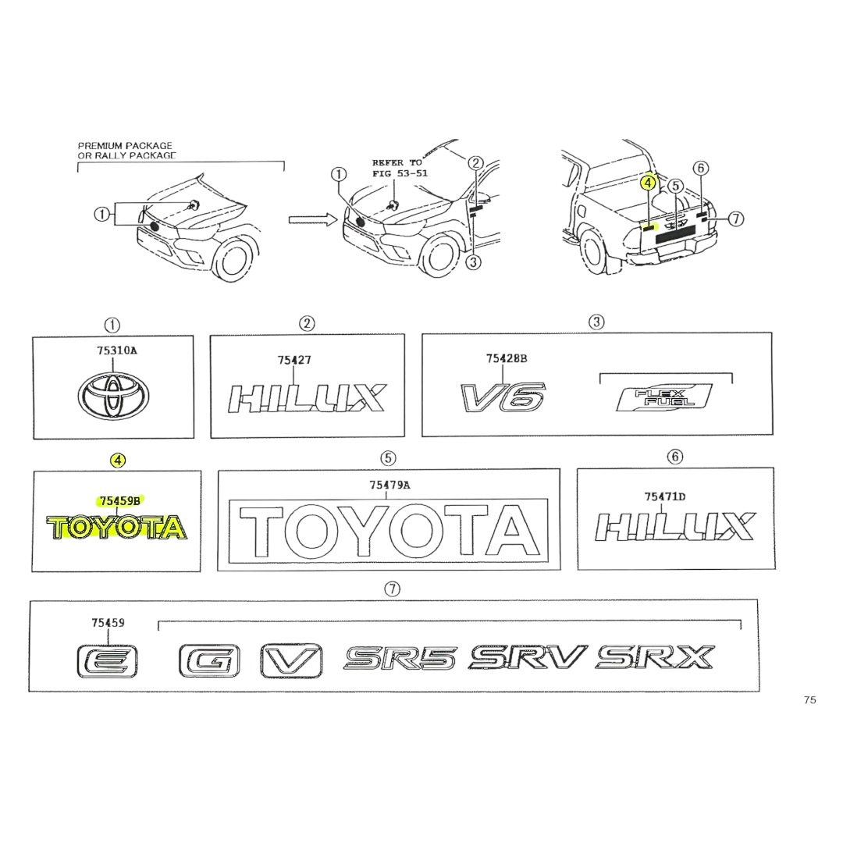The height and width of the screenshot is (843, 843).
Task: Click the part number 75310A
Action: [116, 350]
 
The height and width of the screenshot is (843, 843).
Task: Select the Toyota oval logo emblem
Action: [113, 396]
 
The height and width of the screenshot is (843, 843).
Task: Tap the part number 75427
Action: [294, 360]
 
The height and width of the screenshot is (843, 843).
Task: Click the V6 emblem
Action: [503, 397]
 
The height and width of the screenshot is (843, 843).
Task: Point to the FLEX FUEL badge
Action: [664, 397]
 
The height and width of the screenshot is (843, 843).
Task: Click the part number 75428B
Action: [507, 358]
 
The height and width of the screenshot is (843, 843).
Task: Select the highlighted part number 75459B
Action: [120, 500]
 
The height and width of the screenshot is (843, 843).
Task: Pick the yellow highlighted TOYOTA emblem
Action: [116, 528]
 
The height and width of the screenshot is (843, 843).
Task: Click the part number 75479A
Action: [389, 485]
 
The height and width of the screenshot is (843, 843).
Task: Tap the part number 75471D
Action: [665, 496]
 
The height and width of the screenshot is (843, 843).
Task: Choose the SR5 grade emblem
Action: [400, 658]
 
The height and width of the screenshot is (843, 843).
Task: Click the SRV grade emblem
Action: [528, 657]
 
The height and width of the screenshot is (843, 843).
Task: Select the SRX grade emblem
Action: [655, 657]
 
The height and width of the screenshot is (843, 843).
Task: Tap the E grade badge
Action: [107, 661]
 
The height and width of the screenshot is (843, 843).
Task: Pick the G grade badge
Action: [209, 661]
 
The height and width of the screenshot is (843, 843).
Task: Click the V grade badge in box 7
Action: [291, 661]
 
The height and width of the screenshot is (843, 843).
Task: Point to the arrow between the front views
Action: [312, 219]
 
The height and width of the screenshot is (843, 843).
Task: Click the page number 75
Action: [809, 700]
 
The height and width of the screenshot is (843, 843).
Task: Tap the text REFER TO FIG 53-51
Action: [400, 168]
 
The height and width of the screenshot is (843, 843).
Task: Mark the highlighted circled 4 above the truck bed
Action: [649, 183]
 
